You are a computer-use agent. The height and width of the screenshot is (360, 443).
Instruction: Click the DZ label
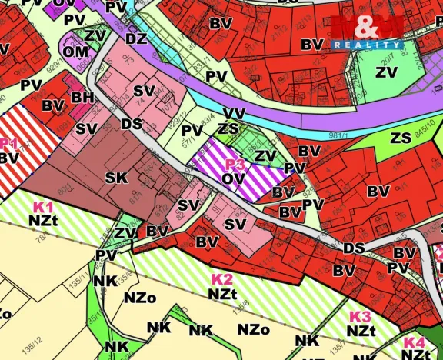tap(136, 38)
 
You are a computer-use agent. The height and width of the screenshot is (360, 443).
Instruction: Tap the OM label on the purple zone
tap(75, 52)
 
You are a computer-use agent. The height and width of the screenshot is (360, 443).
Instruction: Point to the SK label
tap(116, 178)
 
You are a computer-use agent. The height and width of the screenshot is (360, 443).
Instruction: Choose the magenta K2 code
tap(221, 278)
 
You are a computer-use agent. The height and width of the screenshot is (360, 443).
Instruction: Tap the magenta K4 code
tap(414, 343)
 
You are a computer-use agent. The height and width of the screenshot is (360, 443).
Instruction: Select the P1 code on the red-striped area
tap(8, 143)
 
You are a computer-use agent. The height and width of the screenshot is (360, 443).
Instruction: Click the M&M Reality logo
tap(367, 33)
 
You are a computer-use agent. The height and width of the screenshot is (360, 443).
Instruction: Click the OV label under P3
tap(235, 178)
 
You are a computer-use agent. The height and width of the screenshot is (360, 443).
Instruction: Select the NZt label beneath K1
tap(44, 220)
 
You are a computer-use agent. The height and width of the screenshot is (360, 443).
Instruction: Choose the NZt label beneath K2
tap(222, 292)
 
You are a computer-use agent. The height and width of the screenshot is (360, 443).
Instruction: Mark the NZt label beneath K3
tap(360, 331)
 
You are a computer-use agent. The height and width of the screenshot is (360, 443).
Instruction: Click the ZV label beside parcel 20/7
tap(385, 72)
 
